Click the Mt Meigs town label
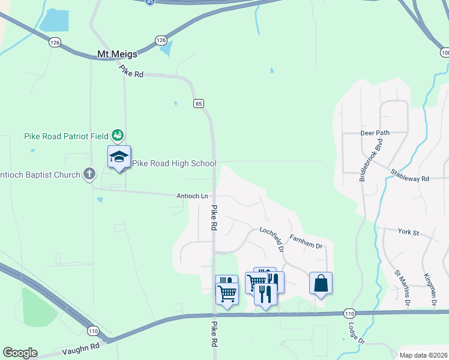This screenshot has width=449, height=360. (117, 54)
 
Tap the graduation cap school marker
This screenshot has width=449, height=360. (119, 157)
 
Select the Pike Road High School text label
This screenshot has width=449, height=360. (174, 163)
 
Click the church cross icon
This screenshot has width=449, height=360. (89, 175)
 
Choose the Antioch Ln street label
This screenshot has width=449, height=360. (192, 196)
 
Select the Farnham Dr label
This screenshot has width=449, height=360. (306, 242)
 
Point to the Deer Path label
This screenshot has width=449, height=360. (375, 133)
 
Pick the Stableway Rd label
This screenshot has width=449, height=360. (410, 175)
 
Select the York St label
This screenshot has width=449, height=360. (408, 231)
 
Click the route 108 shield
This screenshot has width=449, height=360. (444, 53)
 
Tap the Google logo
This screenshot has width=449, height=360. (20, 353)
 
